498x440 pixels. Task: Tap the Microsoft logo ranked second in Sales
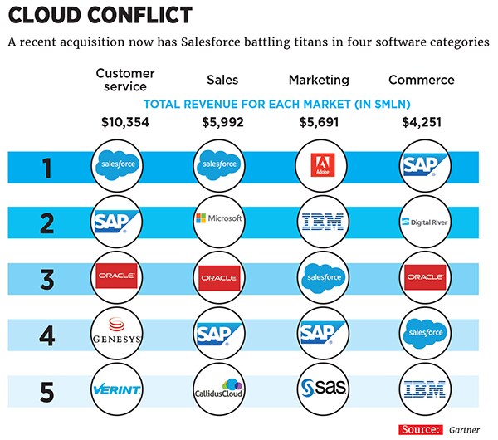(x=219, y=219)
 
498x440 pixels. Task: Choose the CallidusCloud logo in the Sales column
(x=219, y=389)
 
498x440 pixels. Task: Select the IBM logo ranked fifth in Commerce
(x=425, y=389)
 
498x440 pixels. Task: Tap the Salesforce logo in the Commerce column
(x=425, y=332)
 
